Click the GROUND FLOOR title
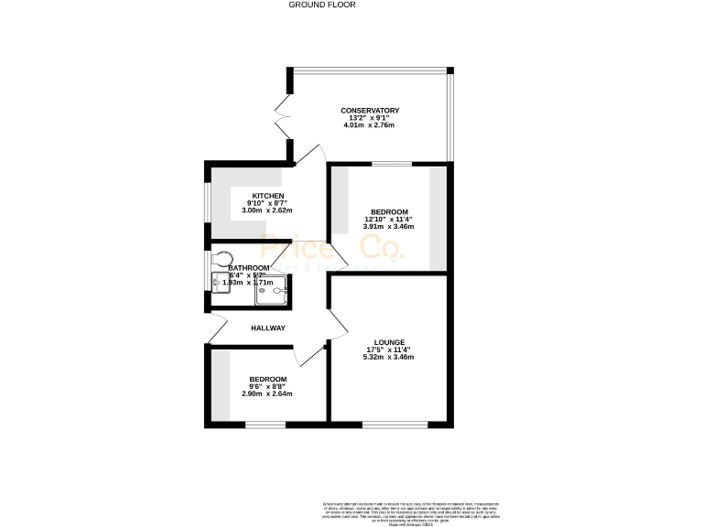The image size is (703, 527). click(x=321, y=5)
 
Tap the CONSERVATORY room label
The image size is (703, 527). click(x=370, y=112)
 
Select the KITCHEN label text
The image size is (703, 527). click(x=268, y=197)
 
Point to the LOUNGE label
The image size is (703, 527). click(x=390, y=342)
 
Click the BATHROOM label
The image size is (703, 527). click(x=249, y=268)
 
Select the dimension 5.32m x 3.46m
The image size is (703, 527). click(x=390, y=357)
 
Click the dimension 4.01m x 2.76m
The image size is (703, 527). click(x=370, y=125)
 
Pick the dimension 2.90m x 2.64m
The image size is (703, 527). click(x=267, y=393)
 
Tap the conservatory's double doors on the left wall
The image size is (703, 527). click(x=282, y=117)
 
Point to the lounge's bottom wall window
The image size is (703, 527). click(x=394, y=424)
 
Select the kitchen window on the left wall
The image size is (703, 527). click(x=206, y=208)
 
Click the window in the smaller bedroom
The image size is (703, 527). click(x=265, y=424)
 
